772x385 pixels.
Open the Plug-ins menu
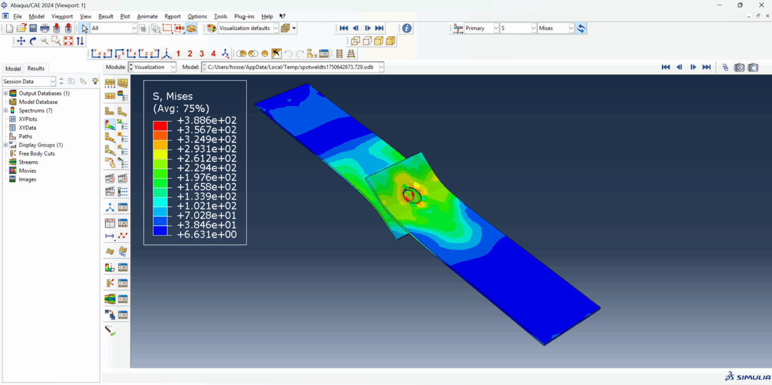(244, 17)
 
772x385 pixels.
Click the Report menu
(172, 17)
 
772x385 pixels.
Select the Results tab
(36, 68)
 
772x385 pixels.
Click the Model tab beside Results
(13, 69)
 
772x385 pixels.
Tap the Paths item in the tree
(26, 136)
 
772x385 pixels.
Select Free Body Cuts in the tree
(37, 153)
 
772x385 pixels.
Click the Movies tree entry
(28, 171)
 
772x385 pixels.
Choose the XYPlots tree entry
(28, 119)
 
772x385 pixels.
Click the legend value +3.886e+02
(207, 121)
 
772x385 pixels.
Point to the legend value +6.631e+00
(207, 235)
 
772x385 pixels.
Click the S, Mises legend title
(173, 97)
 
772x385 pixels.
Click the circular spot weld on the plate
(412, 195)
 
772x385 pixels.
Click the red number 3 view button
(202, 54)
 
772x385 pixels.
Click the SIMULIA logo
(747, 377)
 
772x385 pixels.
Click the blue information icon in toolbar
(407, 28)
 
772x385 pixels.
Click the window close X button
(761, 5)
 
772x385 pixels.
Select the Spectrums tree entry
(35, 111)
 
